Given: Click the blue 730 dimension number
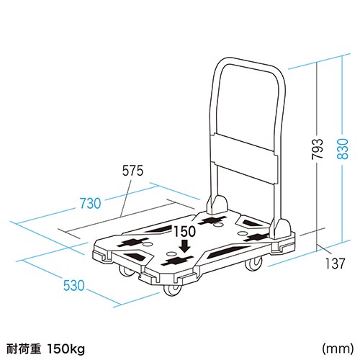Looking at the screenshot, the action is (90, 204).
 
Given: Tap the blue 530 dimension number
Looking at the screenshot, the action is (74, 285).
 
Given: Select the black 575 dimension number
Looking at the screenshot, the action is (132, 171).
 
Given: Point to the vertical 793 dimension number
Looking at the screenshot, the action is (318, 149).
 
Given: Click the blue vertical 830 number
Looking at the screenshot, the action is (343, 149).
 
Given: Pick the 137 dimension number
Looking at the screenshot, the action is (335, 264).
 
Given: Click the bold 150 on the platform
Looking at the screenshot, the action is (184, 232).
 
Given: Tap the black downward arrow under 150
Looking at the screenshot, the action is (184, 246).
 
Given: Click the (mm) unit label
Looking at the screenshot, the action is (338, 348).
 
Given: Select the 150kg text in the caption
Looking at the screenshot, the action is (66, 348).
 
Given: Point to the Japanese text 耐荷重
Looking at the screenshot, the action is (24, 348).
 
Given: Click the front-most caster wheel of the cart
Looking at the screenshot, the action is (172, 289).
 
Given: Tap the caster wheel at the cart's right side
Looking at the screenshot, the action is (253, 264).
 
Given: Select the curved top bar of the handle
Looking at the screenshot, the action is (250, 63).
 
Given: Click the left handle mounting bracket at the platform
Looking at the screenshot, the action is (217, 204).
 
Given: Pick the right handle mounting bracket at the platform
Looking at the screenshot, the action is (280, 229).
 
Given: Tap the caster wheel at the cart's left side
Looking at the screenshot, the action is (126, 271).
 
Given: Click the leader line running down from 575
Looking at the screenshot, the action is (126, 198).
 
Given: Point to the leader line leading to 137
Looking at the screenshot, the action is (324, 249).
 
